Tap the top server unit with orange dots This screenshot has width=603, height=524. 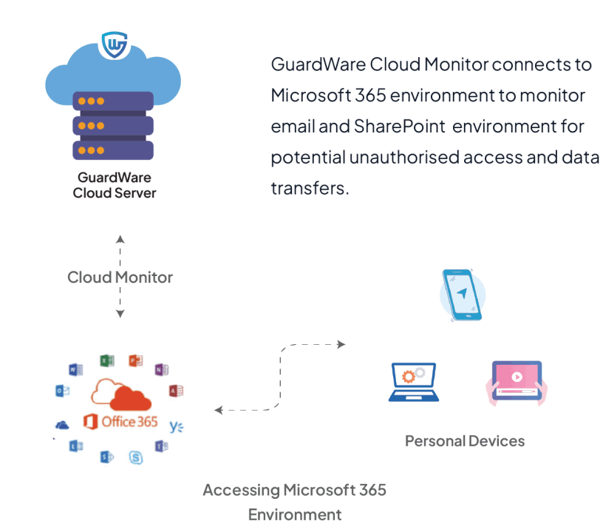click(x=112, y=101)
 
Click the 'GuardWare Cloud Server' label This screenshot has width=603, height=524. click(x=115, y=185)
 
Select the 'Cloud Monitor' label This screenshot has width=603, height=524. click(x=120, y=278)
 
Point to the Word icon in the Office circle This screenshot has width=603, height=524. click(x=75, y=369)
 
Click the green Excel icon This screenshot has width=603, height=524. click(x=106, y=361)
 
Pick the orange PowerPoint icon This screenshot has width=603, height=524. click(x=136, y=360)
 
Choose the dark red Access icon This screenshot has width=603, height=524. click(x=176, y=391)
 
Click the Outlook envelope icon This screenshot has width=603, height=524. click(x=62, y=392)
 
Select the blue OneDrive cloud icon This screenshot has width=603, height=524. click(x=62, y=425)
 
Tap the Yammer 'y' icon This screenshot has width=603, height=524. click(x=175, y=426)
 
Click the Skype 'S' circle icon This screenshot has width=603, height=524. click(x=136, y=457)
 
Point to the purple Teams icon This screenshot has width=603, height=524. click(x=160, y=446)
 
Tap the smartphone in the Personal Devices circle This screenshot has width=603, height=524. click(x=462, y=295)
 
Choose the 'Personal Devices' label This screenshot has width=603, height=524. click(x=464, y=441)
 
